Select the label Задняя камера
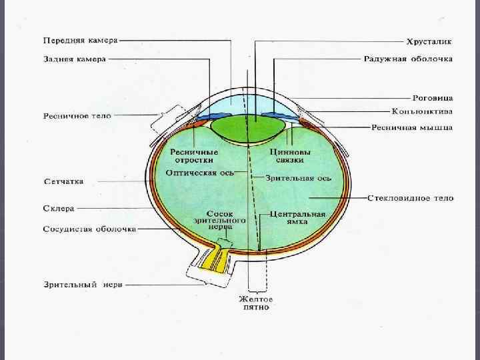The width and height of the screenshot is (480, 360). point(66,59)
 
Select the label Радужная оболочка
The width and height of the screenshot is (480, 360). point(408,59)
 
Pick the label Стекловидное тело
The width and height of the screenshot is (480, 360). point(410,198)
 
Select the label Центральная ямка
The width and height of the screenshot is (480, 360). point(299,218)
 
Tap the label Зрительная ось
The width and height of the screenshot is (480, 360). point(298,178)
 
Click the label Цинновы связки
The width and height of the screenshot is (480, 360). point(288,155)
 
